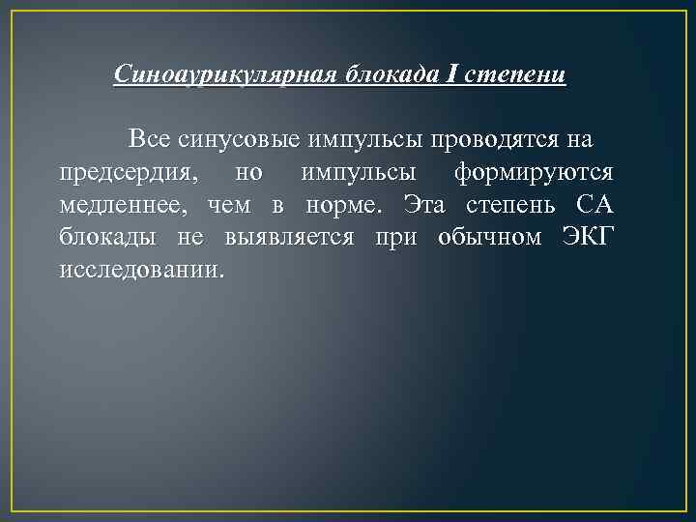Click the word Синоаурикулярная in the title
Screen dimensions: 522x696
pyautogui.click(x=223, y=74)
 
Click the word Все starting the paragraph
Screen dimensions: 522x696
pyautogui.click(x=150, y=140)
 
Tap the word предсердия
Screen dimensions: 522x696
pyautogui.click(x=130, y=173)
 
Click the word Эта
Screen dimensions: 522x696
pyautogui.click(x=424, y=205)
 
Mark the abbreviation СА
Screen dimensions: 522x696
pyautogui.click(x=594, y=205)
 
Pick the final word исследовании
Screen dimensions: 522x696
pyautogui.click(x=140, y=270)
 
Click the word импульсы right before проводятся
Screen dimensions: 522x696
pyautogui.click(x=367, y=140)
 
